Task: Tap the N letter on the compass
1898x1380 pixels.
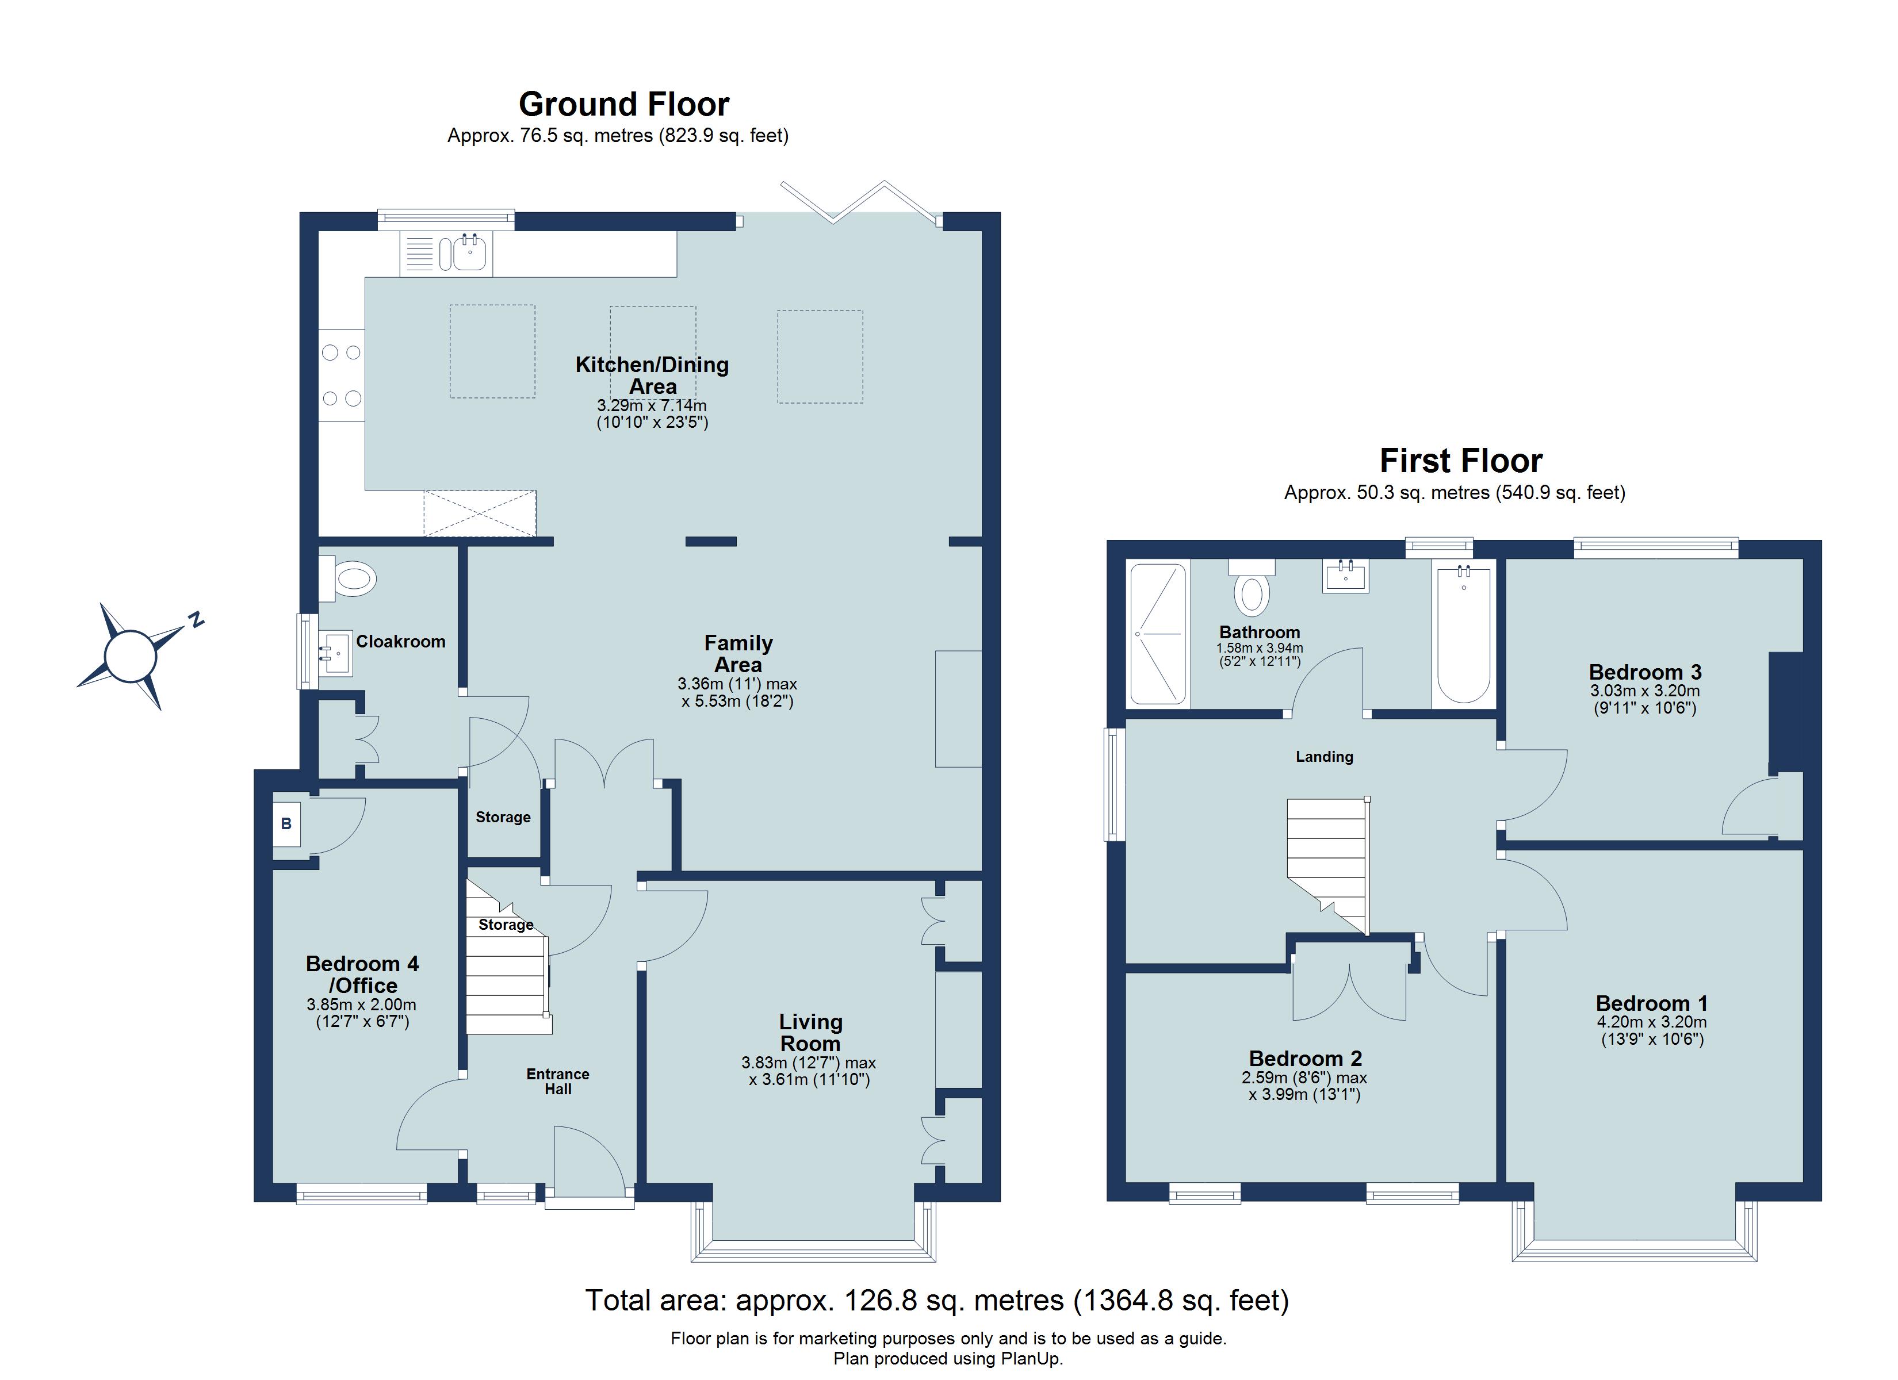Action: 196,620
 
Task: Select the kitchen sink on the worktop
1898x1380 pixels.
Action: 469,252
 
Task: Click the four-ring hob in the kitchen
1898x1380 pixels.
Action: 342,375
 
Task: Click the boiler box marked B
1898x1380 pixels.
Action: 286,823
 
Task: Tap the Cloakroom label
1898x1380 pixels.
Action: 400,642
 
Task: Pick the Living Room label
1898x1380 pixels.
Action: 810,1033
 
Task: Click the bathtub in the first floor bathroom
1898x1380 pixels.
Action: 1464,636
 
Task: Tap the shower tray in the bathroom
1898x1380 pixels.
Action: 1158,634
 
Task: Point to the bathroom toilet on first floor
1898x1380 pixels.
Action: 1252,591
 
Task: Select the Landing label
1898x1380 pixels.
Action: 1324,757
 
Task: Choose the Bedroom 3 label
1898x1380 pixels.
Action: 1644,672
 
